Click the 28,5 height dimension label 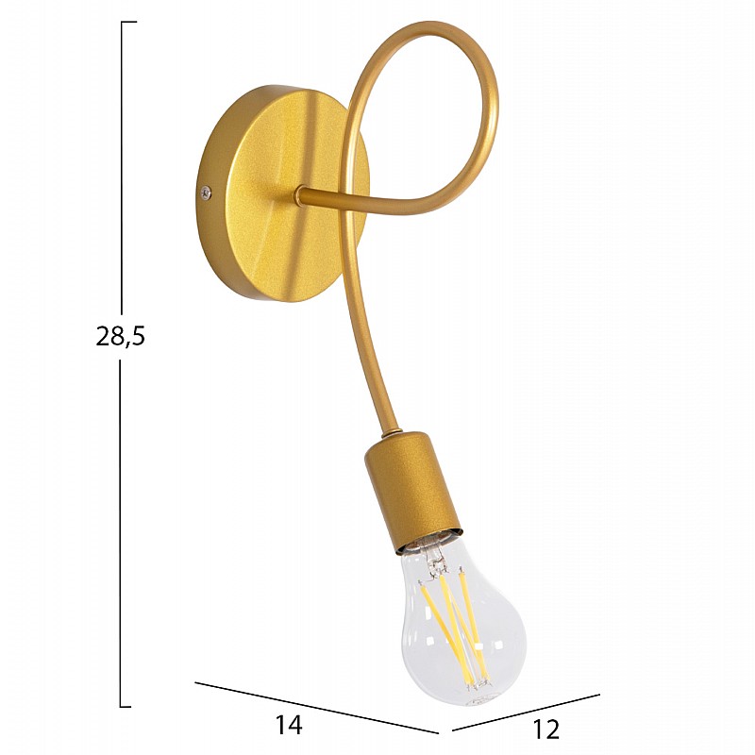pos(121,336)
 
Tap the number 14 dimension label pos(289,724)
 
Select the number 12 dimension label pos(546,730)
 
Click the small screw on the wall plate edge pos(206,193)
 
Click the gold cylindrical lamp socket pos(411,491)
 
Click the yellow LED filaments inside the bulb pos(455,626)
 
